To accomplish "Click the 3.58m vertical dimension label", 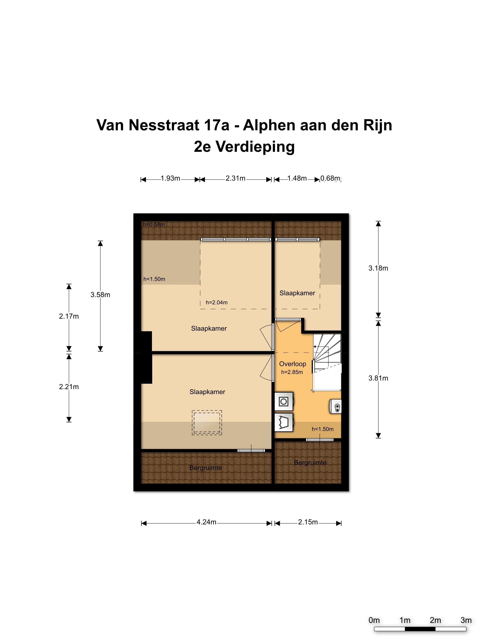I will point(100,295).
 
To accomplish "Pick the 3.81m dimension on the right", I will point(378,378).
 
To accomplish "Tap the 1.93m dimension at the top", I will point(170,178).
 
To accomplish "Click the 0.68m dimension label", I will point(330,178).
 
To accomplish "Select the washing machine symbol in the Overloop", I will point(283,402).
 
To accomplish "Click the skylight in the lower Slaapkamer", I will point(207,423).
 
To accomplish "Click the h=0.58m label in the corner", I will point(154,224).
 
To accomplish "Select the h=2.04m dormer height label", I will point(216,302).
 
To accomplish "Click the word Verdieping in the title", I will point(255,147).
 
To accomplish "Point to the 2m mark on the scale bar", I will point(435,620).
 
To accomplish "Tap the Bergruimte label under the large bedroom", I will point(205,468).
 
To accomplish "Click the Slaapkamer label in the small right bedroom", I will point(297,293).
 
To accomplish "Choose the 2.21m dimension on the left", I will point(69,387).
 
